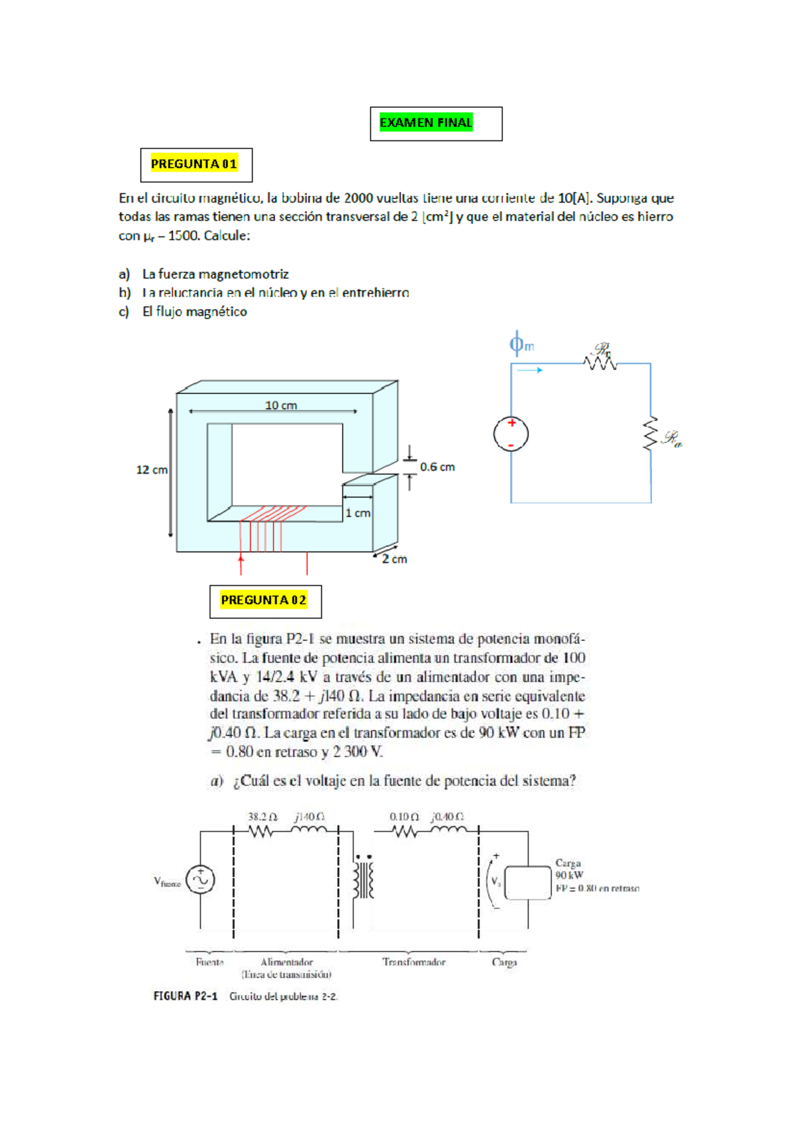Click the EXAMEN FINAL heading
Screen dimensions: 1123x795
(426, 123)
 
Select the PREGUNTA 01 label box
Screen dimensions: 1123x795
(195, 164)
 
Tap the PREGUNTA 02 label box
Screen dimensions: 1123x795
(264, 601)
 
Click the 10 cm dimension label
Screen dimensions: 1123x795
(281, 405)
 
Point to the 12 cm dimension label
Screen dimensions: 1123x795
(152, 470)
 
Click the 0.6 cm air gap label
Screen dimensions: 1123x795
(437, 467)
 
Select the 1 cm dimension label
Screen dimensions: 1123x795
(358, 513)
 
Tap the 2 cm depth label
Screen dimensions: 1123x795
(395, 560)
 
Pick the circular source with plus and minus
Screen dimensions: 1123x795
(511, 434)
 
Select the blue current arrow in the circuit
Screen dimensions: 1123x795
(530, 370)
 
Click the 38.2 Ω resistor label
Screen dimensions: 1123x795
(262, 817)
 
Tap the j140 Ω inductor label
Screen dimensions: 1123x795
(309, 817)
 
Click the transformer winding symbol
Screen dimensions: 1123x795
(364, 880)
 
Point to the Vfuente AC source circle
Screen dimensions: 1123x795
(200, 880)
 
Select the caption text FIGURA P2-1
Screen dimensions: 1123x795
(185, 997)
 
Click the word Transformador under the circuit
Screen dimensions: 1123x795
(414, 962)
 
